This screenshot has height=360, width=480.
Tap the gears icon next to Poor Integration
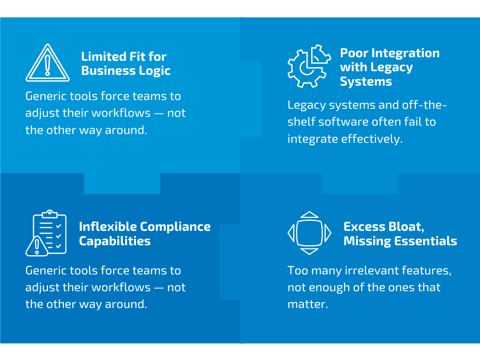click(309, 66)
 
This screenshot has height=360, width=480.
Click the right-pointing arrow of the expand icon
click(328, 233)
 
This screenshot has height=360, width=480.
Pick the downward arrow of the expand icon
click(309, 251)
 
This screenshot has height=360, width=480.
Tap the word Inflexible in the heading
click(108, 226)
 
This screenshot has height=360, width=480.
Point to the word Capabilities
click(115, 241)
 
